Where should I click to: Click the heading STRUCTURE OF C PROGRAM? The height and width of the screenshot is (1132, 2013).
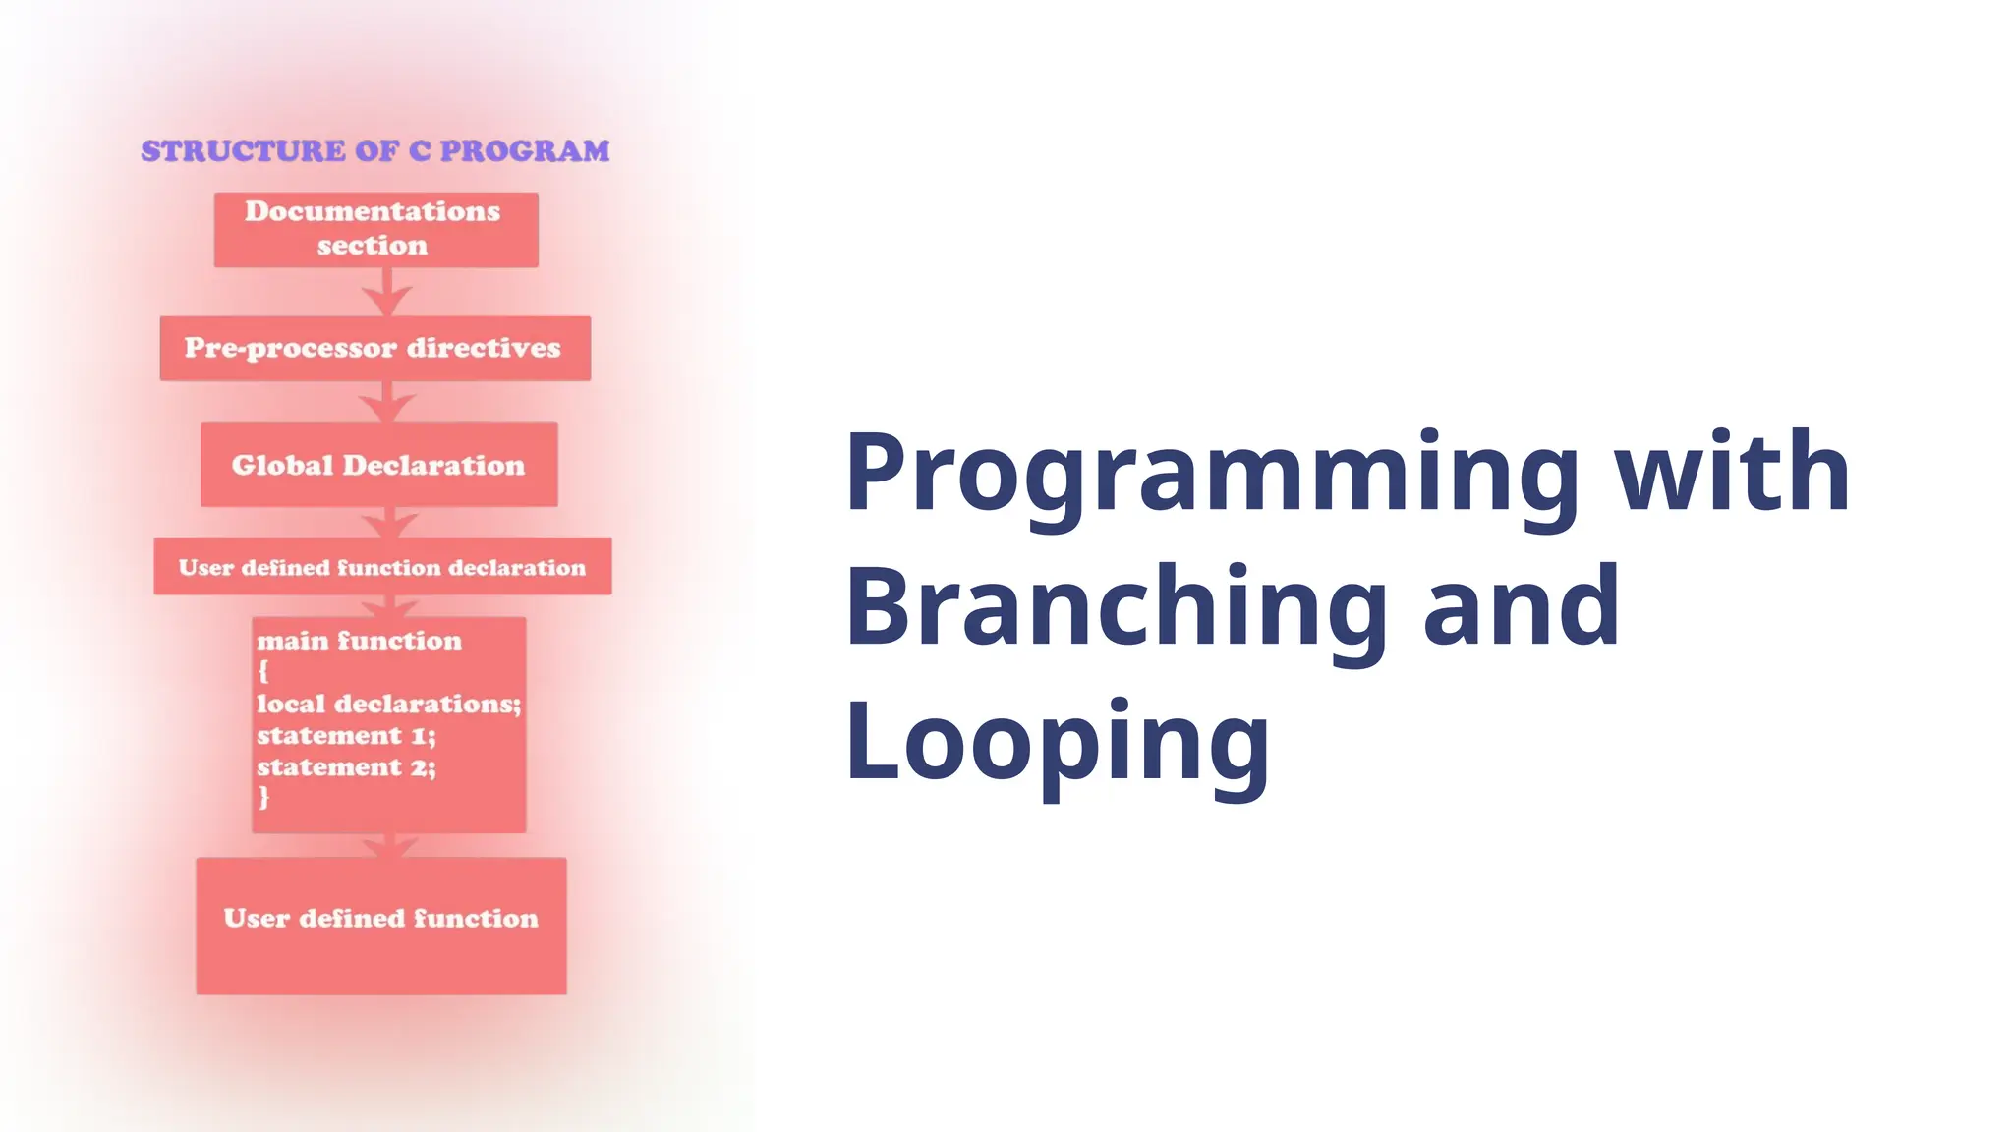click(374, 151)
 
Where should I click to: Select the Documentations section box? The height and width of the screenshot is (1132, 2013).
click(375, 229)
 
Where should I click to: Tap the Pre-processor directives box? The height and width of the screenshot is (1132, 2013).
click(374, 348)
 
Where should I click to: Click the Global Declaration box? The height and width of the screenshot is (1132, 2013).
click(378, 465)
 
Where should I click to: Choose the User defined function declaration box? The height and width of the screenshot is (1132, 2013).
click(381, 567)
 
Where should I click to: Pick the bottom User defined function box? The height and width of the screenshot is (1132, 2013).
click(380, 925)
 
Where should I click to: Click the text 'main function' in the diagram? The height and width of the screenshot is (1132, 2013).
click(359, 641)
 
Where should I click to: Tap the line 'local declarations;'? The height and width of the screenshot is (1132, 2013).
click(388, 704)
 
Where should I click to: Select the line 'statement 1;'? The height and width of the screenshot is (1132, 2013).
click(346, 735)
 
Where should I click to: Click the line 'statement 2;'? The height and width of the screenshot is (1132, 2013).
click(346, 766)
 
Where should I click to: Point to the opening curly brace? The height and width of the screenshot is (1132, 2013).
click(262, 672)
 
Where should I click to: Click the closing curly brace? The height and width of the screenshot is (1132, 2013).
click(263, 797)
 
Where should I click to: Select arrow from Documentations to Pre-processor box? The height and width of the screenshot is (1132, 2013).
click(386, 293)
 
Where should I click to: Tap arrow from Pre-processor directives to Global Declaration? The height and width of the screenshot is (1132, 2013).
click(386, 403)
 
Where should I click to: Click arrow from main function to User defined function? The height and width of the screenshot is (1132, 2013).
click(391, 846)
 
